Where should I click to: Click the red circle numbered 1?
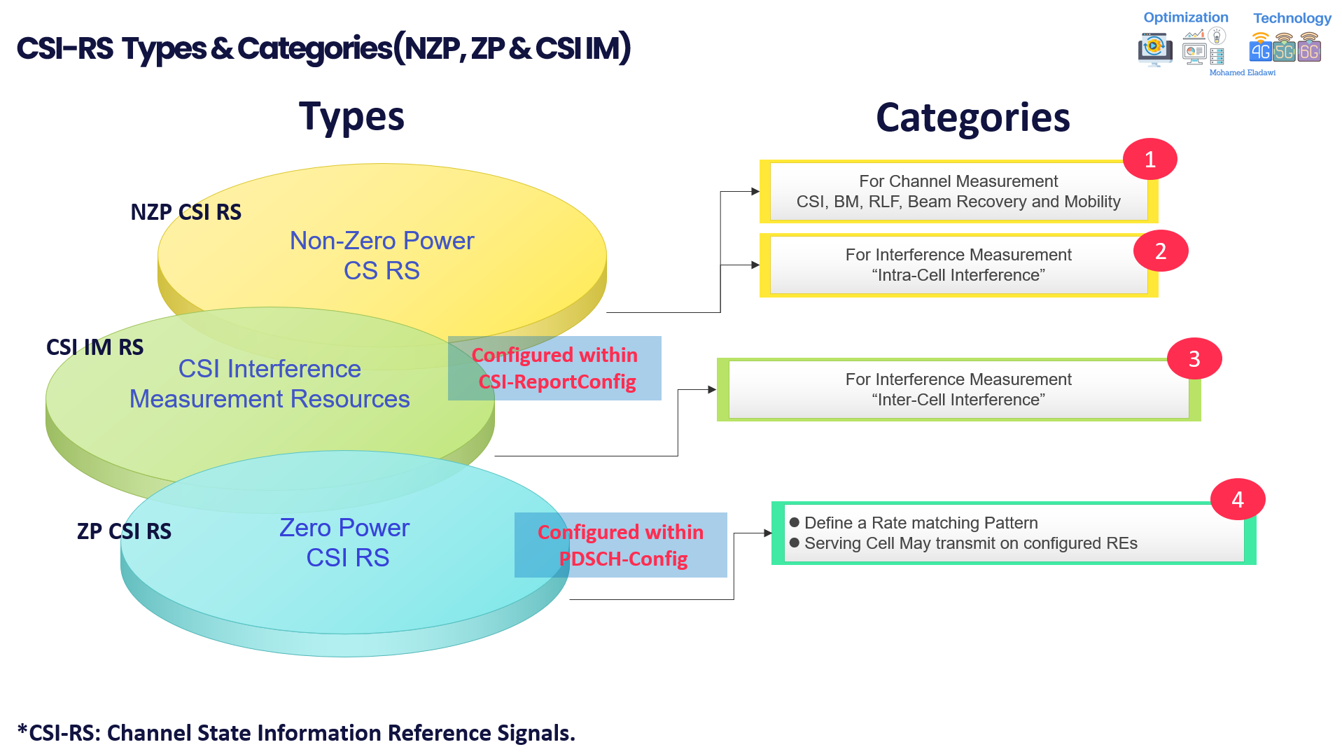coord(1149,160)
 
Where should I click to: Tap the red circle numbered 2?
coord(1160,251)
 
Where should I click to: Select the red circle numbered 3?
coord(1194,359)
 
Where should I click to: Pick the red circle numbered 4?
coord(1237,499)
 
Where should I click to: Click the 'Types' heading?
coord(351,117)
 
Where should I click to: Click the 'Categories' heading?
coord(972,117)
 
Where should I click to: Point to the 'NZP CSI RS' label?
coord(186,212)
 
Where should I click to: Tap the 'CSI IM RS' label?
coord(95,347)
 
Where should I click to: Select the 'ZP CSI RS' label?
coord(124,531)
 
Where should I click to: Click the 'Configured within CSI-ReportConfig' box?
coord(554,368)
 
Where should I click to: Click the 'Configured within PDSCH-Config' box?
coord(620,545)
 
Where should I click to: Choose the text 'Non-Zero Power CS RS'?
coord(382,256)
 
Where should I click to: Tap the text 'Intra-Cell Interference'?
coord(958,275)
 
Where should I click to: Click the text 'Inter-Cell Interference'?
coord(958,400)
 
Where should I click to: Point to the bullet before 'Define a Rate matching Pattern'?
coord(794,522)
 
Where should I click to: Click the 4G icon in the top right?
coord(1260,50)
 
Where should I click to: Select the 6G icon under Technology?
coord(1309,50)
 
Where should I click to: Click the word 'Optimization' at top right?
coord(1185,18)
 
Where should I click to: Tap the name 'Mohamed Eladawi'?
coord(1242,73)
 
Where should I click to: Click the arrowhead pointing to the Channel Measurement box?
coord(755,191)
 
